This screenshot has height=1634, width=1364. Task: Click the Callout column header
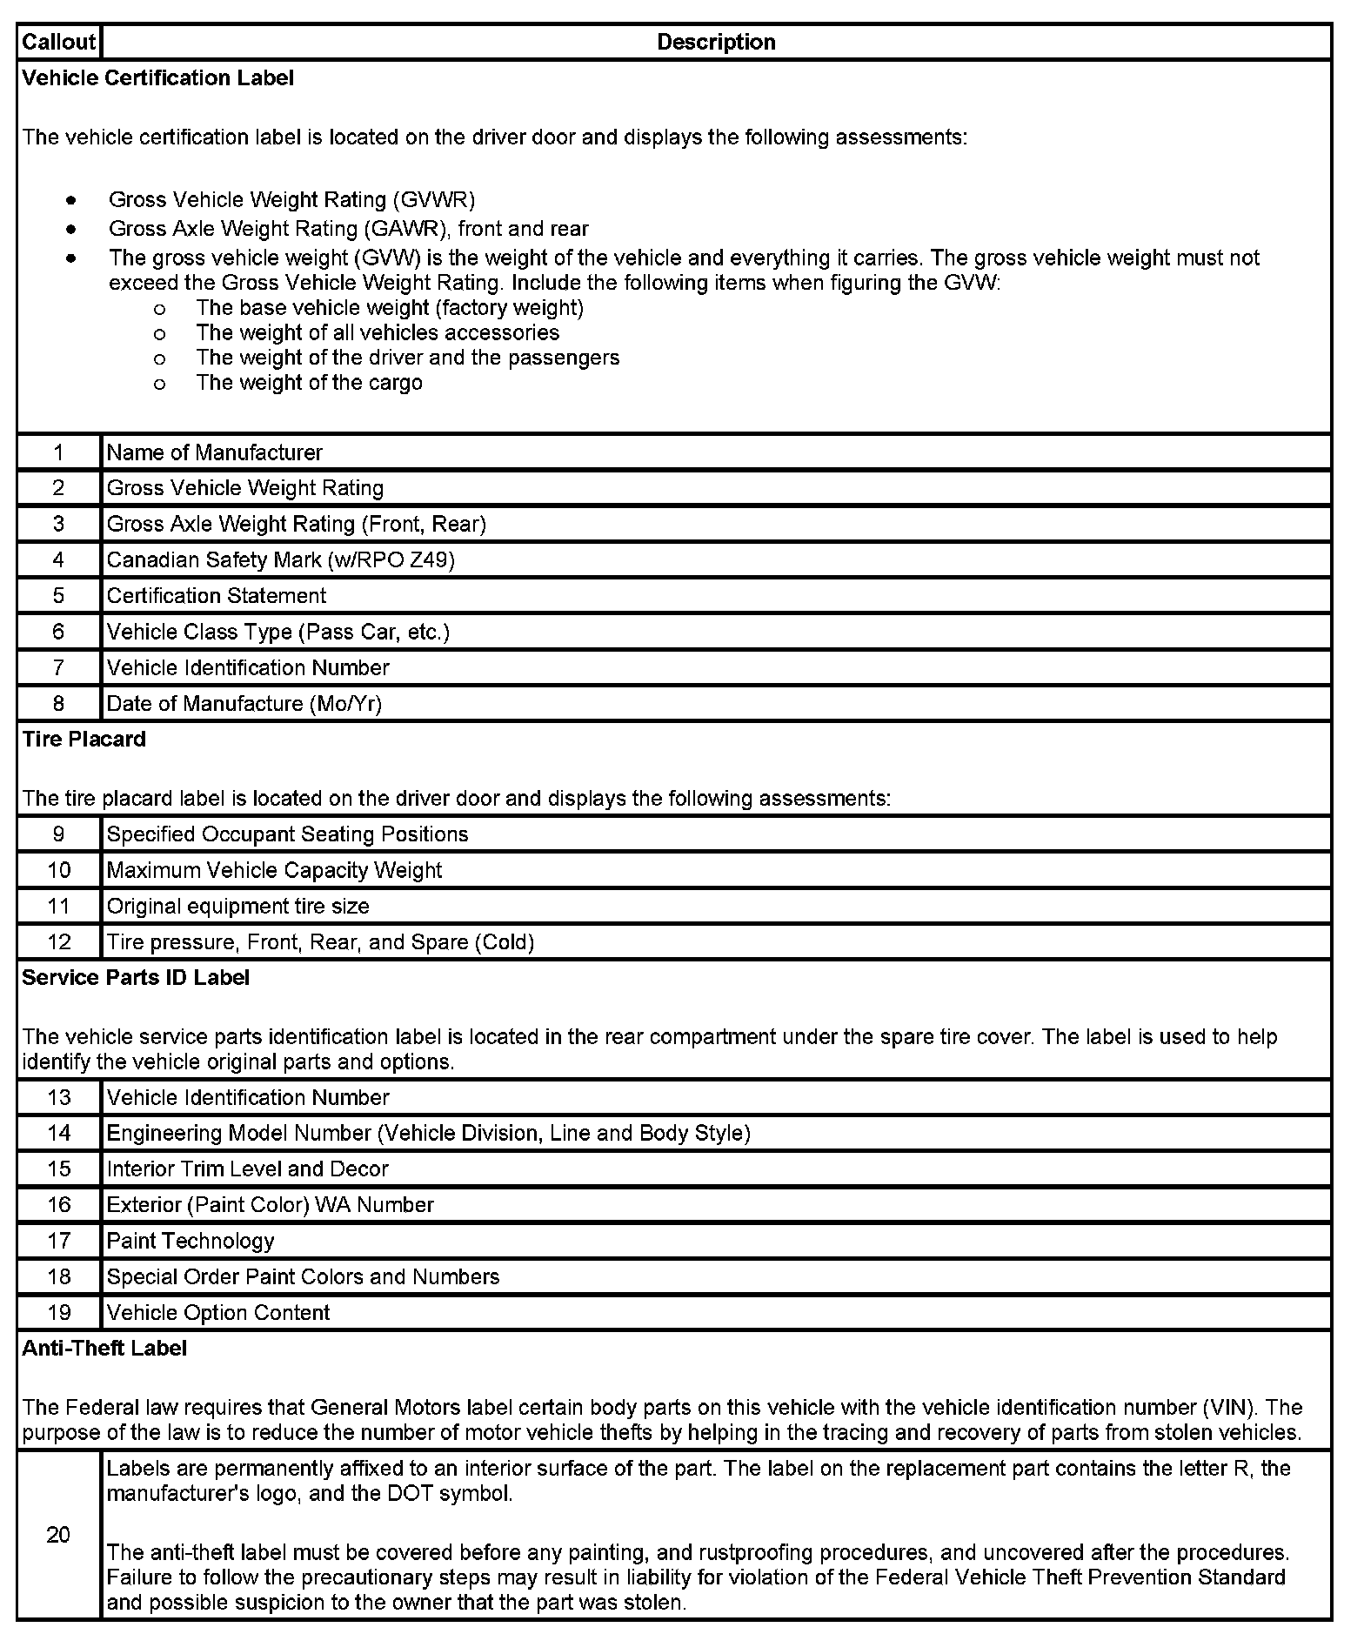pos(58,42)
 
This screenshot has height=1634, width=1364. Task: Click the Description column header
pos(716,42)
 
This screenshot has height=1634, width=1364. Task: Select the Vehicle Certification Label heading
pos(157,78)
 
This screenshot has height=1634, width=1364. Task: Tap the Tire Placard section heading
pos(84,740)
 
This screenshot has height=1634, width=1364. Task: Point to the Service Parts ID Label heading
pos(136,978)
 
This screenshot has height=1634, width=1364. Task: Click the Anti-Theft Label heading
pos(104,1349)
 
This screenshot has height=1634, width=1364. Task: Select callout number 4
pos(58,559)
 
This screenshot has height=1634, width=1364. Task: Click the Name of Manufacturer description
pos(214,452)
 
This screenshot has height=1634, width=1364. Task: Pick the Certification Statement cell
pos(216,596)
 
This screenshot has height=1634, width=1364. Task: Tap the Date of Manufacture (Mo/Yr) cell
pos(244,703)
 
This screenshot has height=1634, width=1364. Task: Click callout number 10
pos(58,870)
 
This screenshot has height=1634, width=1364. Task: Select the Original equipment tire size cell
pos(237,907)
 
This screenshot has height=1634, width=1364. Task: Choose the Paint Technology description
pos(191,1241)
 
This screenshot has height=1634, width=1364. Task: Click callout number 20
pos(58,1535)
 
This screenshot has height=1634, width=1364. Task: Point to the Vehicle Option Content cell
pos(217,1312)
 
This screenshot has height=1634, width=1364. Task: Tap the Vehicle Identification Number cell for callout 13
pos(247,1098)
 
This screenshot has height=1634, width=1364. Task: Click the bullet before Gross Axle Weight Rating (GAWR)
pos(70,230)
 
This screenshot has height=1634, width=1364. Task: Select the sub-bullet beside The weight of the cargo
pos(158,384)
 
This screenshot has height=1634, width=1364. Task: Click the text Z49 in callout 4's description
pos(432,560)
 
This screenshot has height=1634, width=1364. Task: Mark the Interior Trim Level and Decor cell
pos(247,1169)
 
